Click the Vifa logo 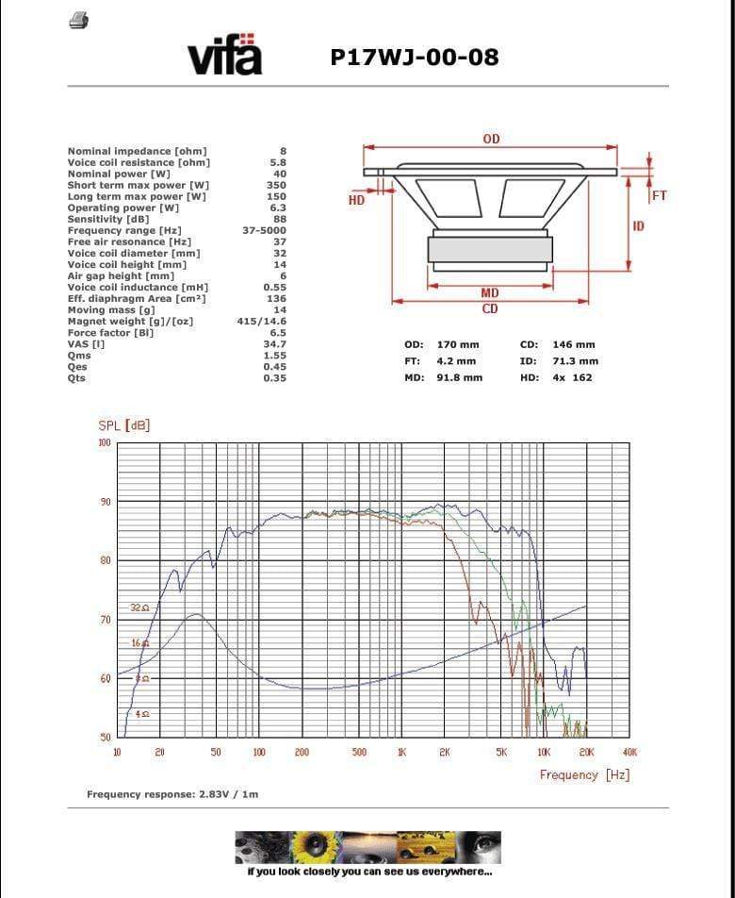point(225,56)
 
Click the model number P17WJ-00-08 point(415,58)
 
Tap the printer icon point(79,21)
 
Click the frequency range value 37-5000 point(264,230)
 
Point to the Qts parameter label point(76,378)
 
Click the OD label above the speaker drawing point(491,140)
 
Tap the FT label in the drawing point(659,195)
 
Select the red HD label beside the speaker point(356,200)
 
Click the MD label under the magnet point(490,294)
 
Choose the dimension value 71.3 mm point(575,361)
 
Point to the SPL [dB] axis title point(124,425)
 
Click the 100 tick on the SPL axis point(104,442)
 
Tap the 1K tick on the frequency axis point(401,752)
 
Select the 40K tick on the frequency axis point(629,752)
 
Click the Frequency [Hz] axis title point(584,774)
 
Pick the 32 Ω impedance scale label point(139,608)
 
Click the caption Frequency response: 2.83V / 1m point(172,794)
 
